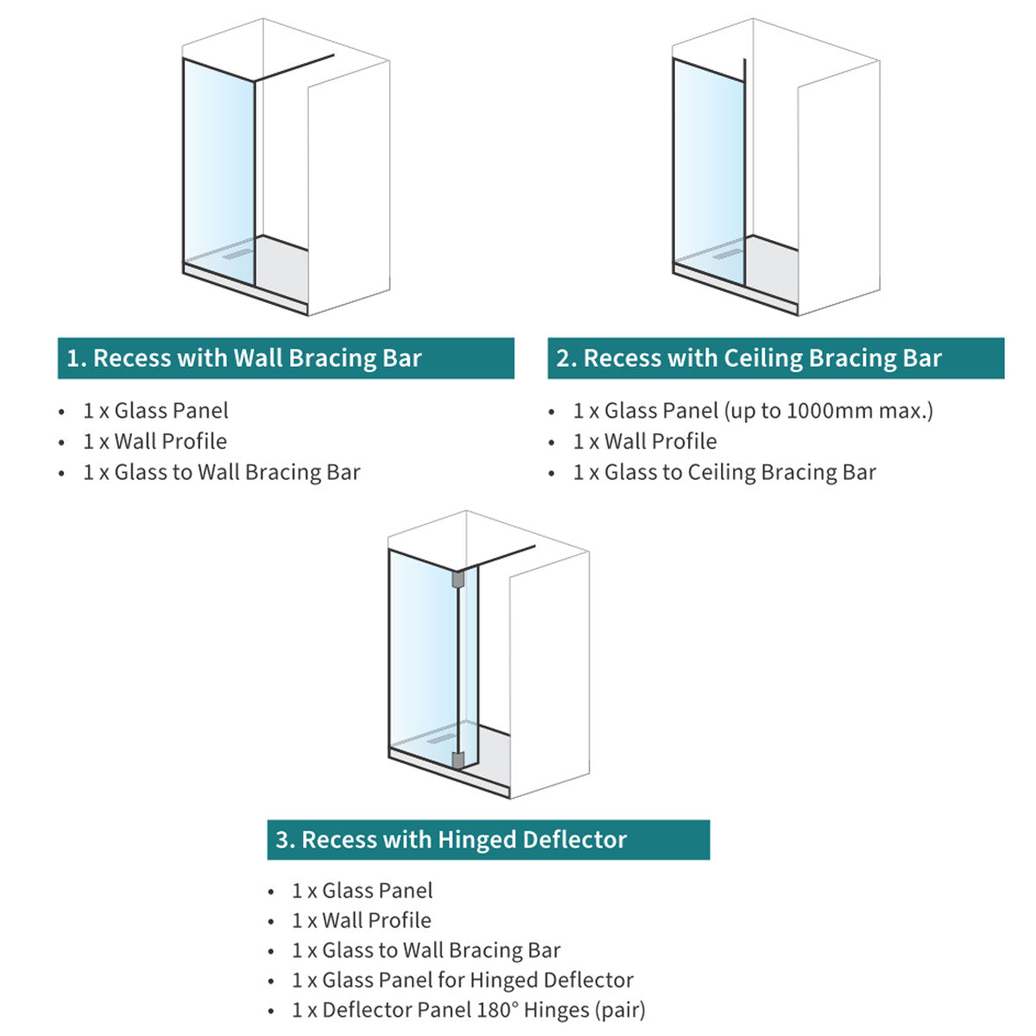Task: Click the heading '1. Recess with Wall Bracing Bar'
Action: click(x=244, y=358)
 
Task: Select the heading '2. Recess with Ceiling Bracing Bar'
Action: click(x=749, y=358)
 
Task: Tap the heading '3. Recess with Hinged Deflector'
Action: click(x=452, y=839)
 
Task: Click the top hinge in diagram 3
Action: click(x=458, y=578)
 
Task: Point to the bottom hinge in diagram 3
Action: click(x=458, y=760)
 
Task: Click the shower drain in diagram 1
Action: click(x=237, y=254)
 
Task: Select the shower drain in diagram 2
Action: click(x=728, y=254)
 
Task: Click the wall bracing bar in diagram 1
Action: click(x=294, y=68)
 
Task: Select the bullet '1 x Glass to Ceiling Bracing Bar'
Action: click(x=724, y=472)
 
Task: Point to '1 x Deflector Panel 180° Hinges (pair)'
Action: click(x=468, y=1009)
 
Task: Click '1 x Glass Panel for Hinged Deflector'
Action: click(x=462, y=980)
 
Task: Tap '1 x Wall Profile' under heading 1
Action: click(x=155, y=441)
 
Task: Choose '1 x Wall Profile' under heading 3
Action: click(x=361, y=920)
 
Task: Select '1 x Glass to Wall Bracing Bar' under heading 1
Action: click(x=221, y=472)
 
